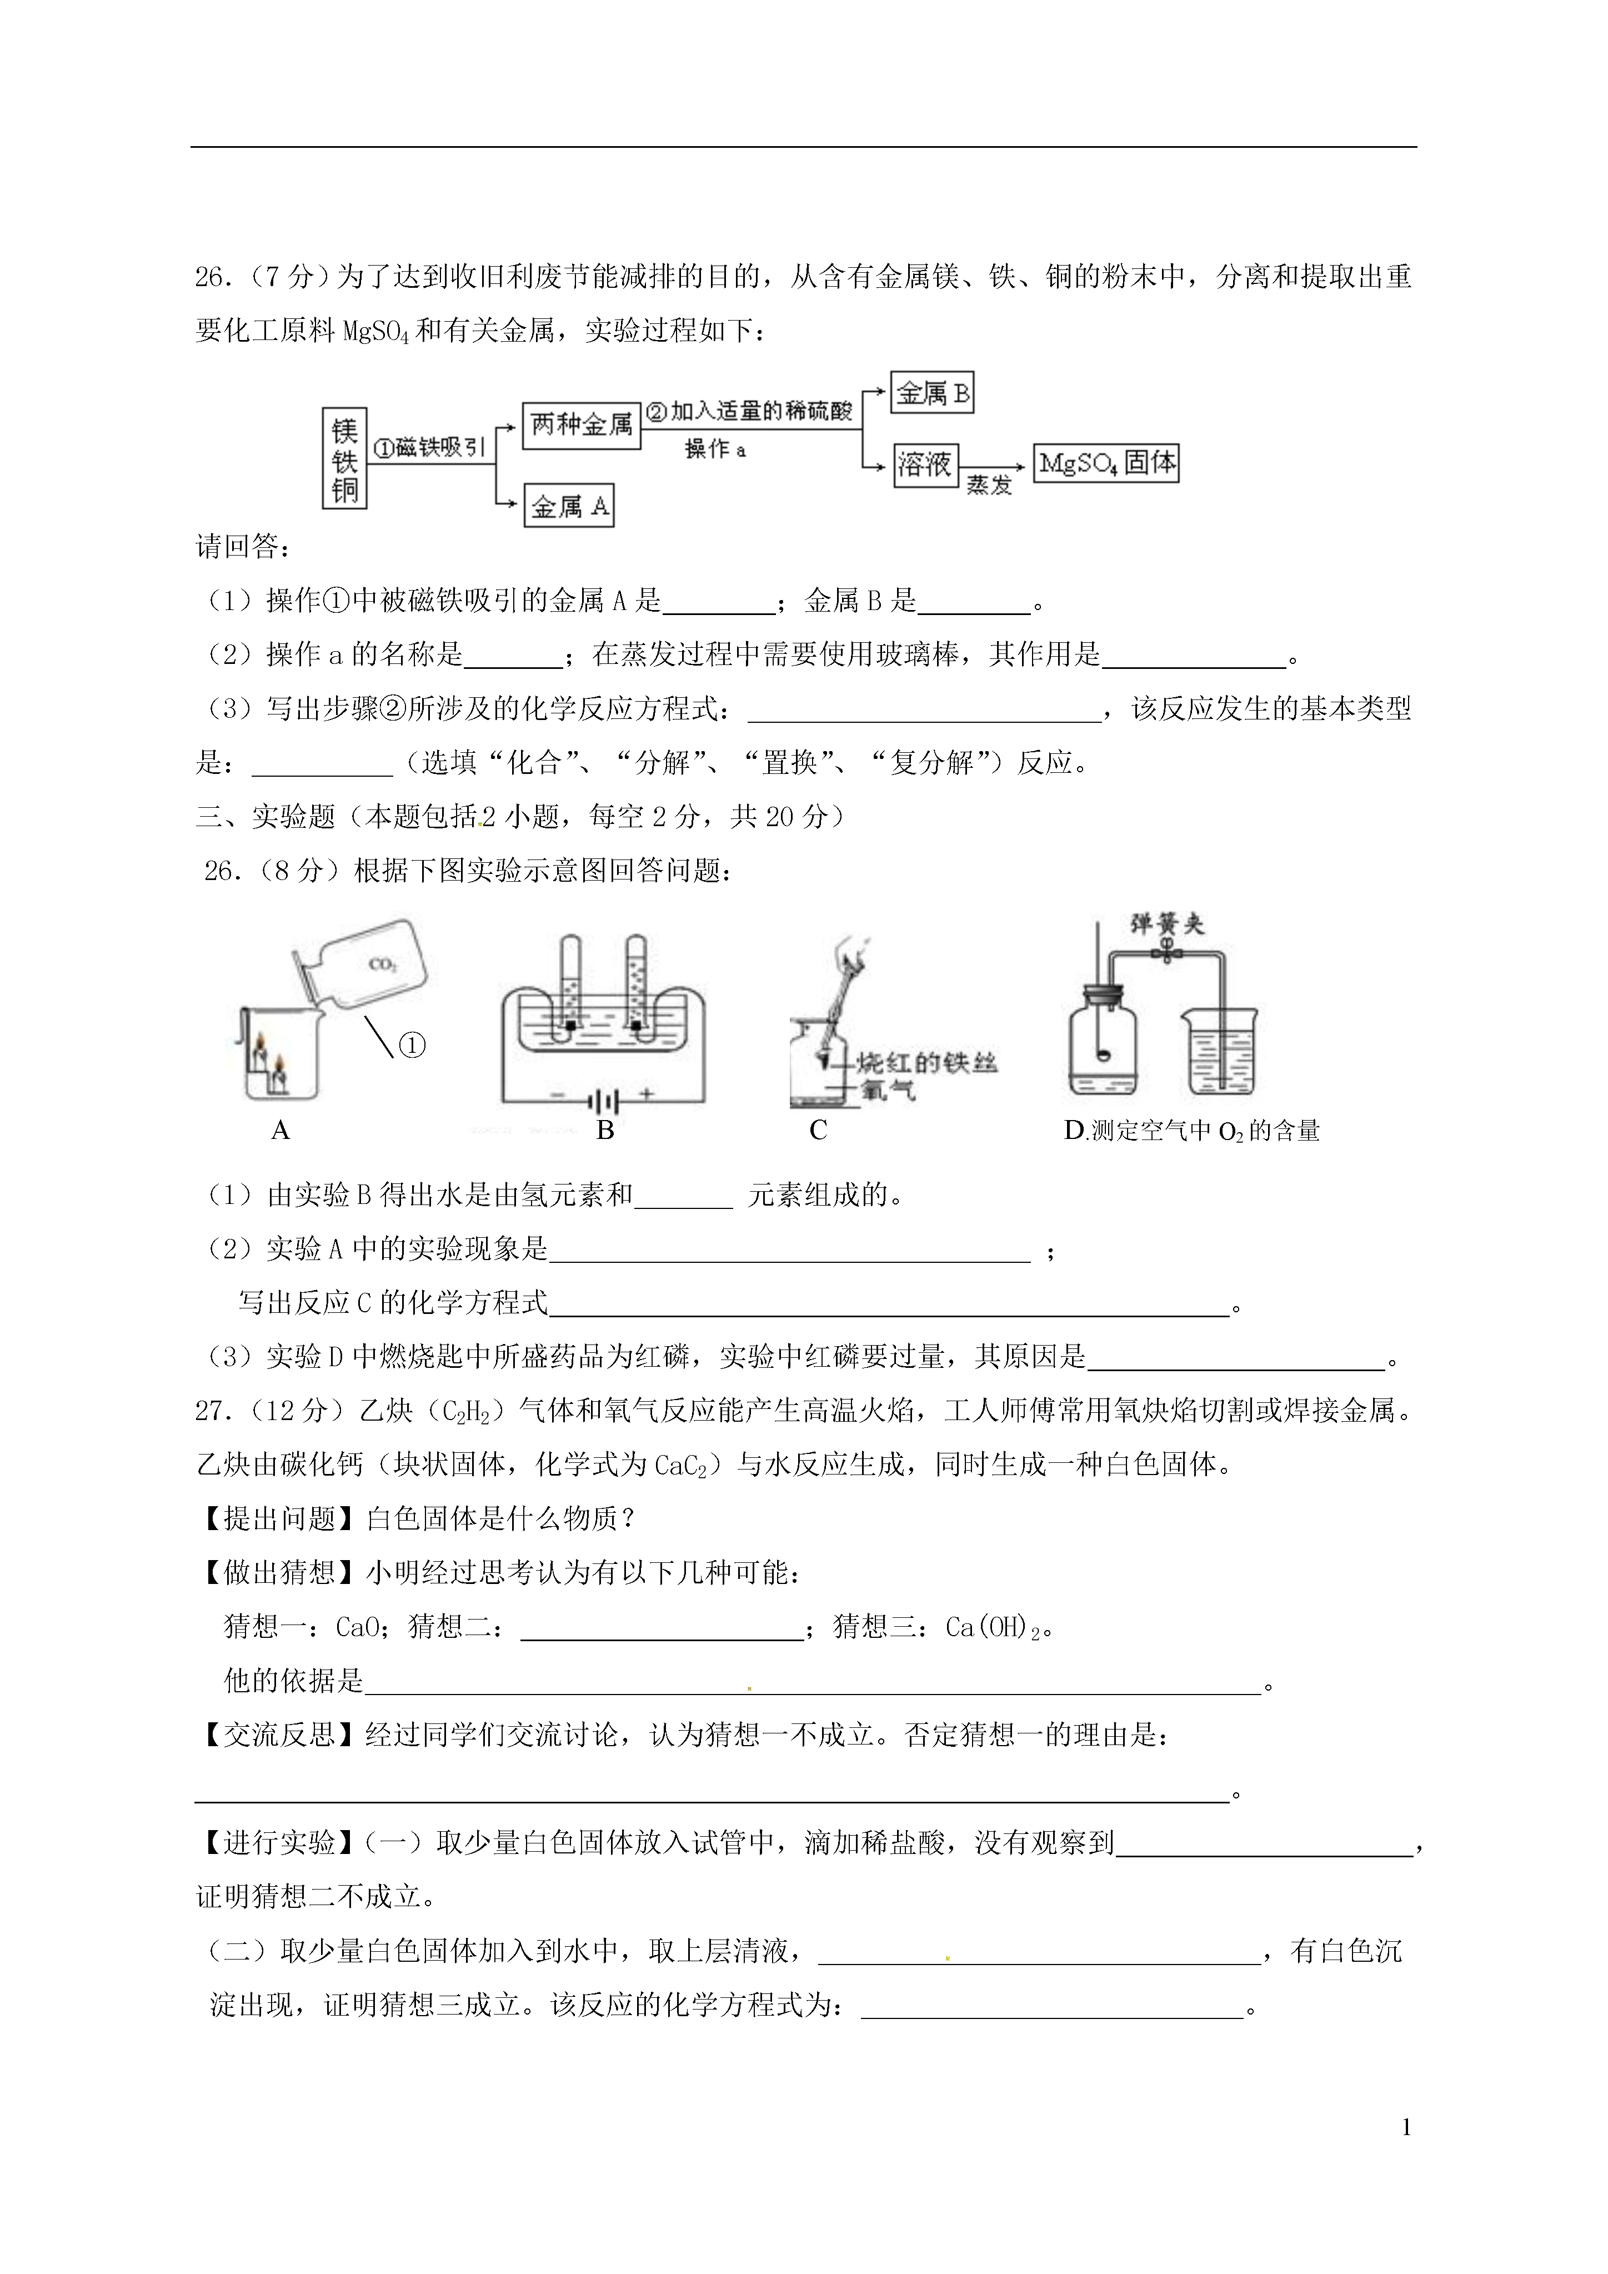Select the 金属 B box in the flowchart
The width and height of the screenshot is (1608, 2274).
click(931, 393)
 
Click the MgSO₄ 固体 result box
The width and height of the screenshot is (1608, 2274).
click(1106, 463)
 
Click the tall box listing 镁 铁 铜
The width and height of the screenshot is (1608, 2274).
click(344, 458)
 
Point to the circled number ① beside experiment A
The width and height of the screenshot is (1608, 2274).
click(412, 1045)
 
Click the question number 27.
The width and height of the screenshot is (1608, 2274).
click(213, 1411)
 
